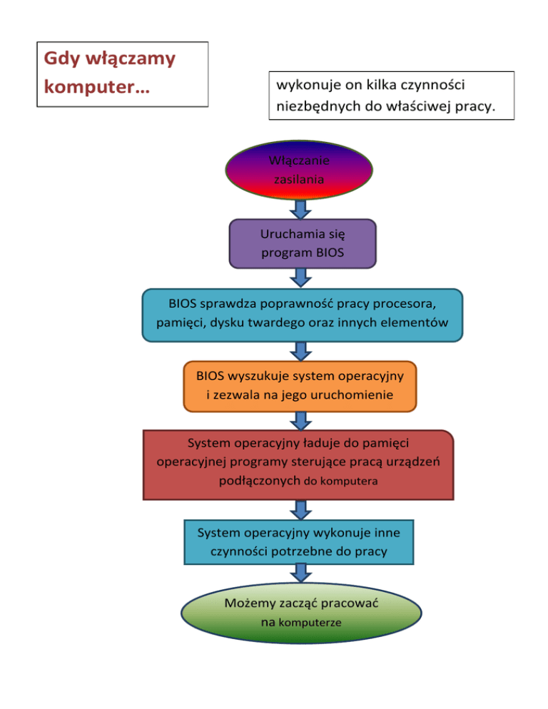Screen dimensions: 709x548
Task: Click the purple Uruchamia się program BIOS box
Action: [x=303, y=243]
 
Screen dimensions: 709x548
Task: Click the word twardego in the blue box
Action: [x=273, y=322]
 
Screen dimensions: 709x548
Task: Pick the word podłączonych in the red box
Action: [x=258, y=481]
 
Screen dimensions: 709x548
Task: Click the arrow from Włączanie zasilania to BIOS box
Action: [x=301, y=209]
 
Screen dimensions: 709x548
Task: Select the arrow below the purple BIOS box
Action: [x=301, y=278]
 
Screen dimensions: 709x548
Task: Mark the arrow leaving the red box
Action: [x=301, y=509]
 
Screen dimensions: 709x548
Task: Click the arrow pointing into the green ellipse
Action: [x=301, y=573]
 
